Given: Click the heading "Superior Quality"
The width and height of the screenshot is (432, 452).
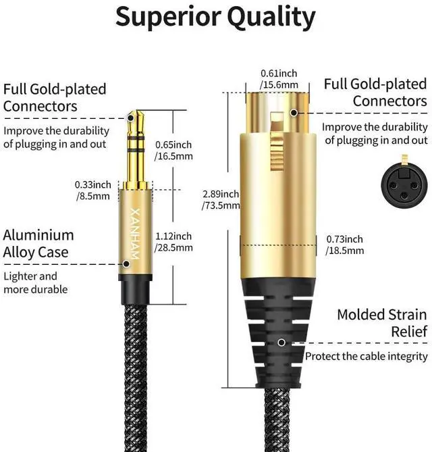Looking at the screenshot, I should (215, 17).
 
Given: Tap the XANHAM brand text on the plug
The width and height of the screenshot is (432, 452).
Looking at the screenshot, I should (132, 227).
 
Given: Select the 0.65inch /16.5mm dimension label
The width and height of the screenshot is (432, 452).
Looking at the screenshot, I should (173, 150).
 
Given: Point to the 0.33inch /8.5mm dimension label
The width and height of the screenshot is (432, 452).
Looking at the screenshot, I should (93, 191).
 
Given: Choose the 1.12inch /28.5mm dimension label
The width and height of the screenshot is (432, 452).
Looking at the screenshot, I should (173, 241).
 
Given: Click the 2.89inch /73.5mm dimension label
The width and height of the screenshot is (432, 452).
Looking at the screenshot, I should (221, 199).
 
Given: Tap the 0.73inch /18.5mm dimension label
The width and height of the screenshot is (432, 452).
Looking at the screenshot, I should (345, 245).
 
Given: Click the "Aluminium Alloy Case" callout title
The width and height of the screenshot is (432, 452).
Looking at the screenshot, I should (38, 244).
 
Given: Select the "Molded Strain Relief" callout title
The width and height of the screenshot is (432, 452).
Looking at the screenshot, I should (381, 322).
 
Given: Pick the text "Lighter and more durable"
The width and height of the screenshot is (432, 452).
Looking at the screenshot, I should (36, 282).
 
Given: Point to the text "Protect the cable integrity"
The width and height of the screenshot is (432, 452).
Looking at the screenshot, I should (367, 356).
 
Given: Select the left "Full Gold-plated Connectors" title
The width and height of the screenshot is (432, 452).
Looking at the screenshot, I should (55, 97).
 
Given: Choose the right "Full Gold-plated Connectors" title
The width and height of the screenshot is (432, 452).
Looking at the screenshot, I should (375, 93).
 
